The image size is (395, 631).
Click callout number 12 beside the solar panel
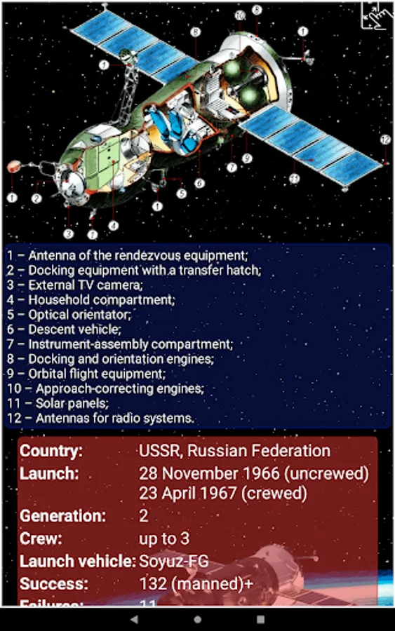click(385, 140)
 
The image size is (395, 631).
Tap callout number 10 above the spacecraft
click(240, 15)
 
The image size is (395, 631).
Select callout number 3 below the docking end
click(69, 233)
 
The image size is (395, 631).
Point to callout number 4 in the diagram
click(113, 226)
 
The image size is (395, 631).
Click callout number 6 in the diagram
click(199, 184)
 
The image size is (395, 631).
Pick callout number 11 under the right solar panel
click(295, 179)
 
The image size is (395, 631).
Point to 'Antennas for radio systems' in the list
click(101, 419)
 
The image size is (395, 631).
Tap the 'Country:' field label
click(51, 451)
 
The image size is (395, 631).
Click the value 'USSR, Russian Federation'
click(234, 451)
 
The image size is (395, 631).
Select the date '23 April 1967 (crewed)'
click(223, 493)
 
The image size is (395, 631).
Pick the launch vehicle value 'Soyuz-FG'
click(173, 561)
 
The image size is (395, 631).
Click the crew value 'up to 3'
click(163, 538)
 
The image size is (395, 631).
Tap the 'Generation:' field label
click(63, 516)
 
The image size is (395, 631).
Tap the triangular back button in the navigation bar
click(135, 620)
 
